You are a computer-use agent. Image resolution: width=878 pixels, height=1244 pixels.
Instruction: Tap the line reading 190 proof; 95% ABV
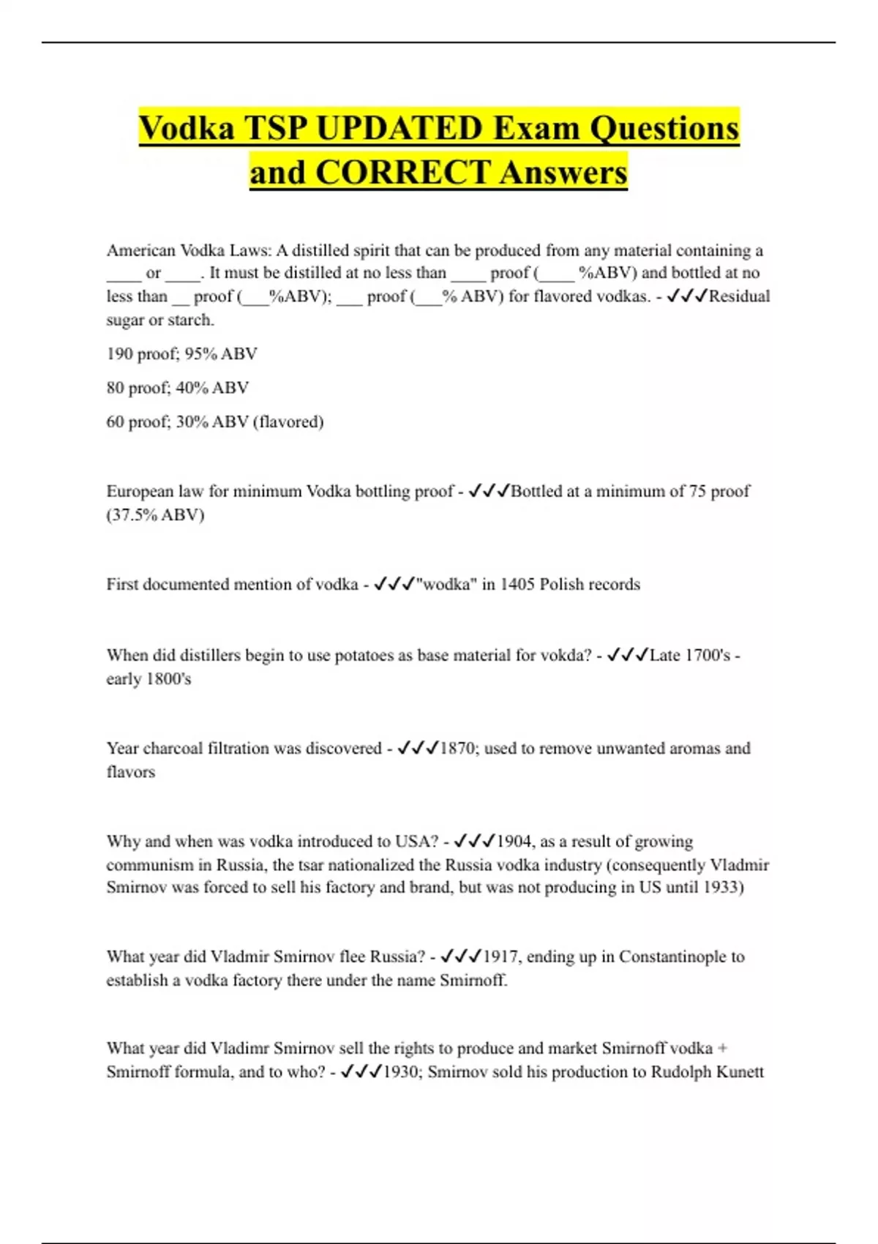tap(181, 354)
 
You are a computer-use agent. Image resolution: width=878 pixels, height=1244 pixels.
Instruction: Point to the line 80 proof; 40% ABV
tap(177, 388)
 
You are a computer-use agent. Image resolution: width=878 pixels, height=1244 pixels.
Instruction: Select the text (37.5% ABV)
tap(155, 515)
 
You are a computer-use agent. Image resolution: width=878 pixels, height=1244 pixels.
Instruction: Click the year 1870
tap(458, 749)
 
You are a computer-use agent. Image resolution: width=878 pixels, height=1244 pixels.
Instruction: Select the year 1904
tap(515, 842)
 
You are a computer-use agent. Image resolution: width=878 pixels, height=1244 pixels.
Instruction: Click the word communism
tap(149, 865)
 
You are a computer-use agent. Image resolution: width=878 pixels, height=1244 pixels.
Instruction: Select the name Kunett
tap(740, 1072)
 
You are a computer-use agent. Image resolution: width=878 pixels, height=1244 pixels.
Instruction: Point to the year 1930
tap(402, 1072)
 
